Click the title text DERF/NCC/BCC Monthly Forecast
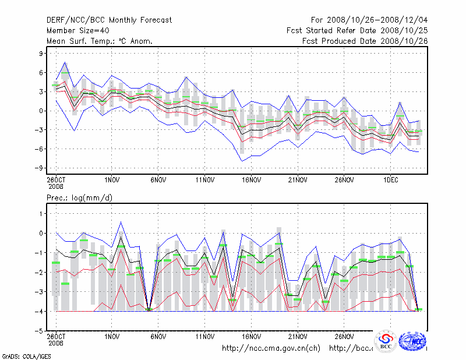[x=109, y=20]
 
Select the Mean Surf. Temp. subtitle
[x=100, y=41]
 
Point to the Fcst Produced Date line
[x=365, y=41]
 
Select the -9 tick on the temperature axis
[x=40, y=168]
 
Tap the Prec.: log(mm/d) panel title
[x=80, y=198]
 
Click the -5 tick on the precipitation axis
[x=40, y=331]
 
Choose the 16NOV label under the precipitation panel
[x=251, y=336]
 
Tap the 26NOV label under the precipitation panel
[x=344, y=336]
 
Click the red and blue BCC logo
[x=385, y=341]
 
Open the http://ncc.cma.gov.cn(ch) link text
[x=271, y=348]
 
